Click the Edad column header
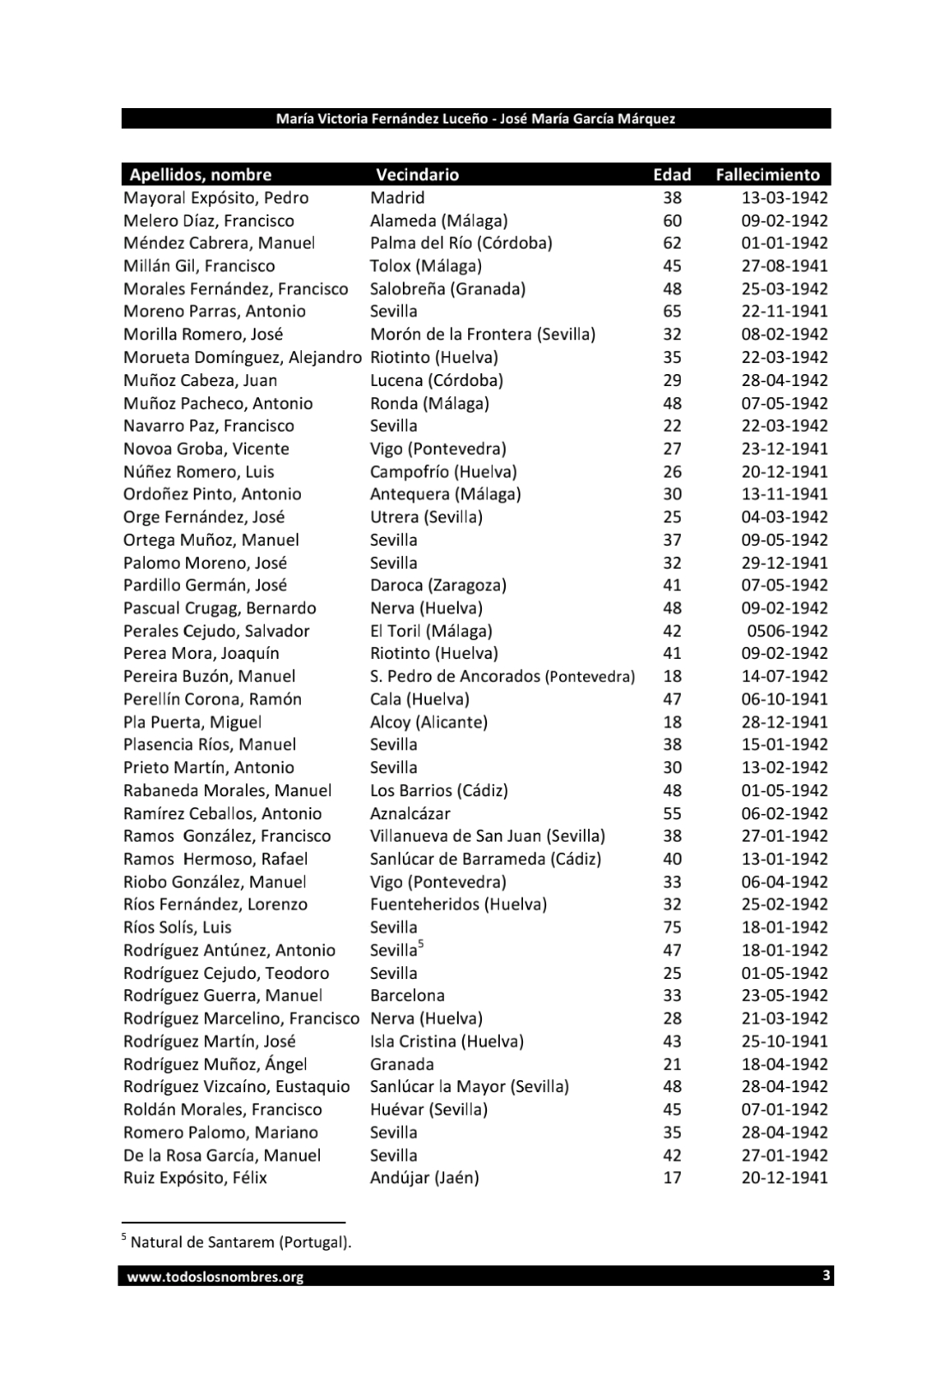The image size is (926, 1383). point(671,175)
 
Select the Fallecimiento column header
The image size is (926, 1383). point(767,175)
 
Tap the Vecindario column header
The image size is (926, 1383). point(418,175)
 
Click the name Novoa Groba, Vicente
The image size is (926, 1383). point(207,449)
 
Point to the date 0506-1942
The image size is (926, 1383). point(787,631)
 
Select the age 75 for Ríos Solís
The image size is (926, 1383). point(672,927)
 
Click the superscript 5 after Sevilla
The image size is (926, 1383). point(421,945)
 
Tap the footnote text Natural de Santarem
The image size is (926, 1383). point(240,1242)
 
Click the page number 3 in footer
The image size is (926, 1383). point(826,1276)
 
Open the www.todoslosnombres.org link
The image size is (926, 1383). point(215,1277)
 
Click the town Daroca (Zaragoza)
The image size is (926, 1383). point(438,586)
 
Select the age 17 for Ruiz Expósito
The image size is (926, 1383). point(672,1178)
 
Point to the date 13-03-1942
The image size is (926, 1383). point(785,198)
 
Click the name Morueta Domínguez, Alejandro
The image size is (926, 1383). point(243,358)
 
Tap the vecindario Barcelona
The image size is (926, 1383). point(407,996)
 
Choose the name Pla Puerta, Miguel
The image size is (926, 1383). point(193,722)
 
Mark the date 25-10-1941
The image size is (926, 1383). point(785,1042)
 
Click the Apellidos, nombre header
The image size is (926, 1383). point(201,175)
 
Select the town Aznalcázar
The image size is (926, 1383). point(410,814)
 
